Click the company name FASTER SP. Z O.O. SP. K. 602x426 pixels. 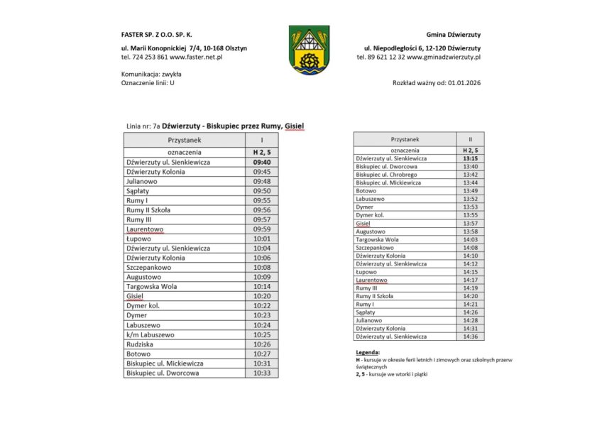pyautogui.click(x=157, y=34)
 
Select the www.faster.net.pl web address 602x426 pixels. pyautogui.click(x=197, y=56)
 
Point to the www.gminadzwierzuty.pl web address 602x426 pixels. pyautogui.click(x=444, y=56)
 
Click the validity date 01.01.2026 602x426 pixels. pyautogui.click(x=464, y=83)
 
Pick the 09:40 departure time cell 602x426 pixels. pyautogui.click(x=261, y=162)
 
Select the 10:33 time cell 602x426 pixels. pyautogui.click(x=261, y=372)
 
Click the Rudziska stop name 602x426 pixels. pyautogui.click(x=141, y=344)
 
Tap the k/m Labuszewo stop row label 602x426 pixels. pyautogui.click(x=150, y=334)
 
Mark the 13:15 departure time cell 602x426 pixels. pyautogui.click(x=470, y=158)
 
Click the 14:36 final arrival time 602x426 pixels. pyautogui.click(x=470, y=337)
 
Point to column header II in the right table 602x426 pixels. pyautogui.click(x=470, y=140)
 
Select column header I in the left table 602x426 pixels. pyautogui.click(x=261, y=141)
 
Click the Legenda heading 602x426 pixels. pyautogui.click(x=368, y=352)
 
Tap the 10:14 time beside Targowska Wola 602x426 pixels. pyautogui.click(x=261, y=286)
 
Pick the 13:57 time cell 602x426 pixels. pyautogui.click(x=470, y=223)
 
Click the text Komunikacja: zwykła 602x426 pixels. pyautogui.click(x=151, y=74)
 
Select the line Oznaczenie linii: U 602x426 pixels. pyautogui.click(x=148, y=83)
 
